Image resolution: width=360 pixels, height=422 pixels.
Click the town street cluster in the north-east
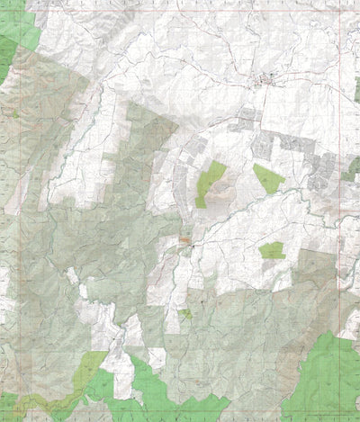pyautogui.click(x=267, y=83)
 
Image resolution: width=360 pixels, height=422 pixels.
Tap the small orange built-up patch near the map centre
pyautogui.click(x=186, y=241)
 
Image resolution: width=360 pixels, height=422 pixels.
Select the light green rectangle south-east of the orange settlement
pyautogui.click(x=271, y=250)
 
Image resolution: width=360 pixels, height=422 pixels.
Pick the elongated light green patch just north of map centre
pyautogui.click(x=211, y=180)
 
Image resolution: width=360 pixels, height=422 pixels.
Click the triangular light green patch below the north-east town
pyautogui.click(x=267, y=177)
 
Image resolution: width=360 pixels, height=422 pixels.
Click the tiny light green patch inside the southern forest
pyautogui.click(x=185, y=313)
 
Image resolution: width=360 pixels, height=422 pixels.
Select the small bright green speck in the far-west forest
pyautogui.click(x=15, y=113)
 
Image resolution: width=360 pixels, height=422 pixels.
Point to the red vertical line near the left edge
pyautogui.click(x=6, y=225)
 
